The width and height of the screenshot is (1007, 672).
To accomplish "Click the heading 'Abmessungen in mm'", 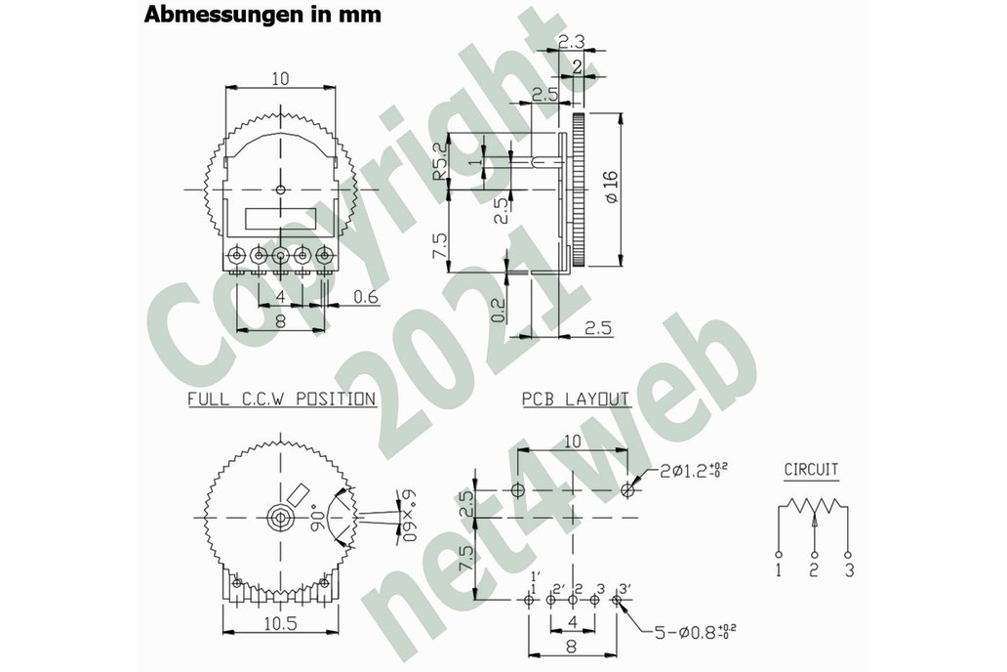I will coord(262,15).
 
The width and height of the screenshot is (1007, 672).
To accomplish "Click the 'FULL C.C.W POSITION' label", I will coord(281,399).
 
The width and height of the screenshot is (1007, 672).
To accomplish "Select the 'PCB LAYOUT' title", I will coord(575,399).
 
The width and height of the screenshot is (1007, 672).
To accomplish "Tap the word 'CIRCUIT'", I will coord(811,470).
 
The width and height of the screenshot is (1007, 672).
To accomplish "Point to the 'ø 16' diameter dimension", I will coord(611,187).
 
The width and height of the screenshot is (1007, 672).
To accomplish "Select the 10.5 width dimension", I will coord(280,624).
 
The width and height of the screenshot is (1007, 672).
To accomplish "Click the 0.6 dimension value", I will coord(367,297).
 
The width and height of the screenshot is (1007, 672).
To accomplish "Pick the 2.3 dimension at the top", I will coord(574,41).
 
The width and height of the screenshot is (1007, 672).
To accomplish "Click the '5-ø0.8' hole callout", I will coord(686,632).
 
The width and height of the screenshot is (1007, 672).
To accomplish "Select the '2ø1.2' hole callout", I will coord(692,473).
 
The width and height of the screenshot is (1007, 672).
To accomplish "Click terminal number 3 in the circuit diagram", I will coord(849,569).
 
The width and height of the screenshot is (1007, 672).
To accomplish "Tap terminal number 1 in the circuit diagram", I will coord(778,569).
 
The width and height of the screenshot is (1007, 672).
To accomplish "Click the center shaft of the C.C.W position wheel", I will coord(281,517).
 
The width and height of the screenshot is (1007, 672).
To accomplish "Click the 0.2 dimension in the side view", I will coord(499,310).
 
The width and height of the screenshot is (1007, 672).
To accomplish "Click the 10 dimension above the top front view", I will coord(280,80).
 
